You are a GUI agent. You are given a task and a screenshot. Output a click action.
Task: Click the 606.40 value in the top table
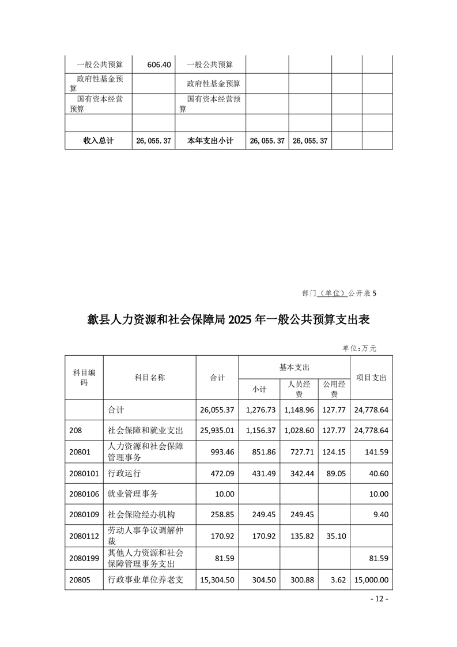click(159, 65)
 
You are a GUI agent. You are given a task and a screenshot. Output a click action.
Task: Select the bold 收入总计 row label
click(99, 141)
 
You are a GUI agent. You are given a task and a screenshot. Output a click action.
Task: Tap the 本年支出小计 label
click(210, 141)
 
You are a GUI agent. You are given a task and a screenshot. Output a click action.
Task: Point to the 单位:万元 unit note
click(359, 348)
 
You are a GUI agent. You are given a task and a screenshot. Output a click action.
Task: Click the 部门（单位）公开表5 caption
click(339, 293)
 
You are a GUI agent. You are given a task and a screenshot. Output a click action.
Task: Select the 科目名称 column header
click(150, 378)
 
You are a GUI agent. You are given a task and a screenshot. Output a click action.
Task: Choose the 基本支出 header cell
click(294, 367)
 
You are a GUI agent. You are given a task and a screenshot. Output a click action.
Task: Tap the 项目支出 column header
click(371, 378)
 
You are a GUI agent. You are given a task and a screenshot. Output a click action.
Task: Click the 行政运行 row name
click(124, 473)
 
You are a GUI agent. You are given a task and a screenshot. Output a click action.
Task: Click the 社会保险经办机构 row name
click(141, 516)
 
